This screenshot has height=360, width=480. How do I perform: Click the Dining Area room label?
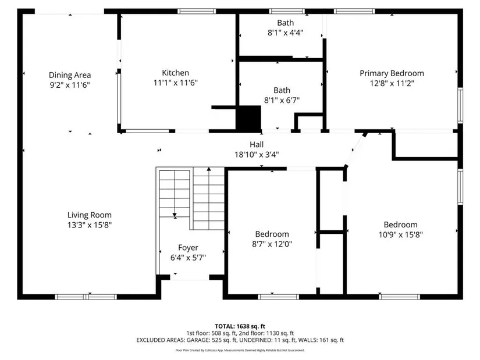(x=70, y=75)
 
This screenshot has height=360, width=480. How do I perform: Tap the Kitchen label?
(x=175, y=73)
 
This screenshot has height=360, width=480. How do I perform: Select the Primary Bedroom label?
(x=392, y=73)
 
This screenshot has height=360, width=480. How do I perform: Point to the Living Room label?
(x=90, y=215)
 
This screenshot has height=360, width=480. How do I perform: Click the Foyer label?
(x=189, y=248)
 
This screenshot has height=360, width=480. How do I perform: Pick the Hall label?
(x=257, y=144)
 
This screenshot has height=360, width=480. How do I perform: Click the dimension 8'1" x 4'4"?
(x=286, y=33)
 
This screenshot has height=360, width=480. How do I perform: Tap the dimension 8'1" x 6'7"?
(x=282, y=100)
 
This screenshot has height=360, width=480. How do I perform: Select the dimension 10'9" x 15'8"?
(x=401, y=235)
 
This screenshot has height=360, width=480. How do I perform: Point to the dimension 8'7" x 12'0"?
(x=272, y=244)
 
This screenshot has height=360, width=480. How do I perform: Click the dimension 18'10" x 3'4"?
(x=257, y=155)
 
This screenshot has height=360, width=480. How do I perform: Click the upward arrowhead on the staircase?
(x=209, y=169)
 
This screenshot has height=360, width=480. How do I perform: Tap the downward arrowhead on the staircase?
(x=175, y=216)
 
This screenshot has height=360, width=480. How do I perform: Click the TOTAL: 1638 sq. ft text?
(x=240, y=326)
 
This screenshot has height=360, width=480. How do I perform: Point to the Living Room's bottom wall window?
(x=86, y=297)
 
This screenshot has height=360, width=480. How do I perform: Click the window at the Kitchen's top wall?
(x=197, y=11)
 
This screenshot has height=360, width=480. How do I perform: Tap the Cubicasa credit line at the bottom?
(x=240, y=350)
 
